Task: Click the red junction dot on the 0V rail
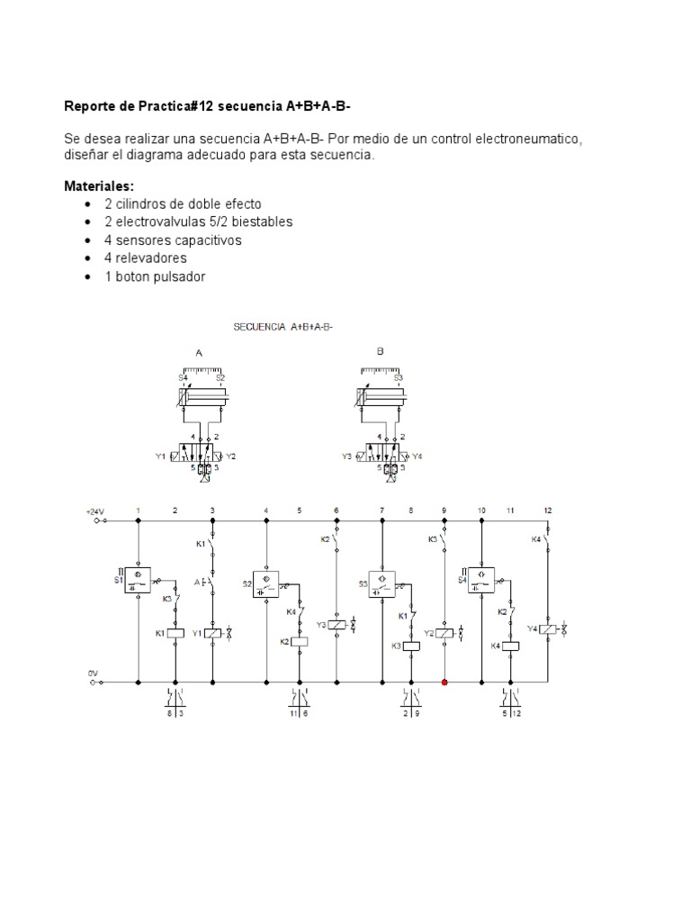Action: tap(445, 682)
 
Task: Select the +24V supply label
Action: tap(96, 511)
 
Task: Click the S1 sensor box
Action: tap(138, 580)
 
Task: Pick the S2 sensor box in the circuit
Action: tap(267, 583)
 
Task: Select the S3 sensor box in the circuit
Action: tap(382, 583)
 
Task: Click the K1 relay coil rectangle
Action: tap(175, 633)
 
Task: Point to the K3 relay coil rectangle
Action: tap(411, 645)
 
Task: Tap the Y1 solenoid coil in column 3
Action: tap(212, 633)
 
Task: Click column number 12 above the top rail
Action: tap(547, 511)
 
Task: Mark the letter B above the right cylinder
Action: tap(381, 352)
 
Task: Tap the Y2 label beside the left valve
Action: tap(231, 456)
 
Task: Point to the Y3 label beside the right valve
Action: tap(347, 456)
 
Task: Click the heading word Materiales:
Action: tap(98, 186)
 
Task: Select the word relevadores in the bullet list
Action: tap(151, 258)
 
